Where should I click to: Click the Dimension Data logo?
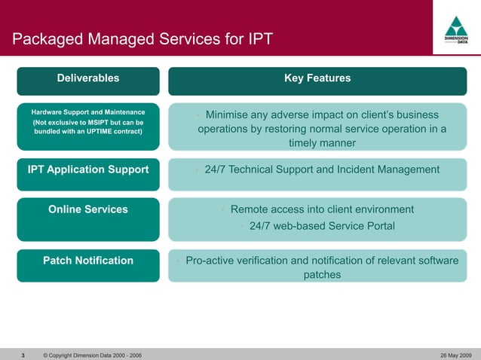(457, 31)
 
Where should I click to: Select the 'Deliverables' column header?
(88, 78)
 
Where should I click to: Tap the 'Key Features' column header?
(317, 78)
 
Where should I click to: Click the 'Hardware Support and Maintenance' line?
(88, 112)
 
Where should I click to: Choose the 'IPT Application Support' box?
(88, 169)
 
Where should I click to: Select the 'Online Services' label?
(88, 209)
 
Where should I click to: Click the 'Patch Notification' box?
(88, 261)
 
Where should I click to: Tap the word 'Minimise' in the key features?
(228, 115)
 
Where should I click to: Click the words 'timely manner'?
(322, 143)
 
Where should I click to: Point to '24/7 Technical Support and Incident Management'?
(322, 169)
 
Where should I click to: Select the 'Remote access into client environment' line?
(322, 209)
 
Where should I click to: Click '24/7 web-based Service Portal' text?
(322, 226)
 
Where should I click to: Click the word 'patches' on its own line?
(322, 275)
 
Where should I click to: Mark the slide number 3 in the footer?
(23, 355)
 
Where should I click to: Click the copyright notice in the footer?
(93, 355)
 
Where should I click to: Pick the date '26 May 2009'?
(455, 355)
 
